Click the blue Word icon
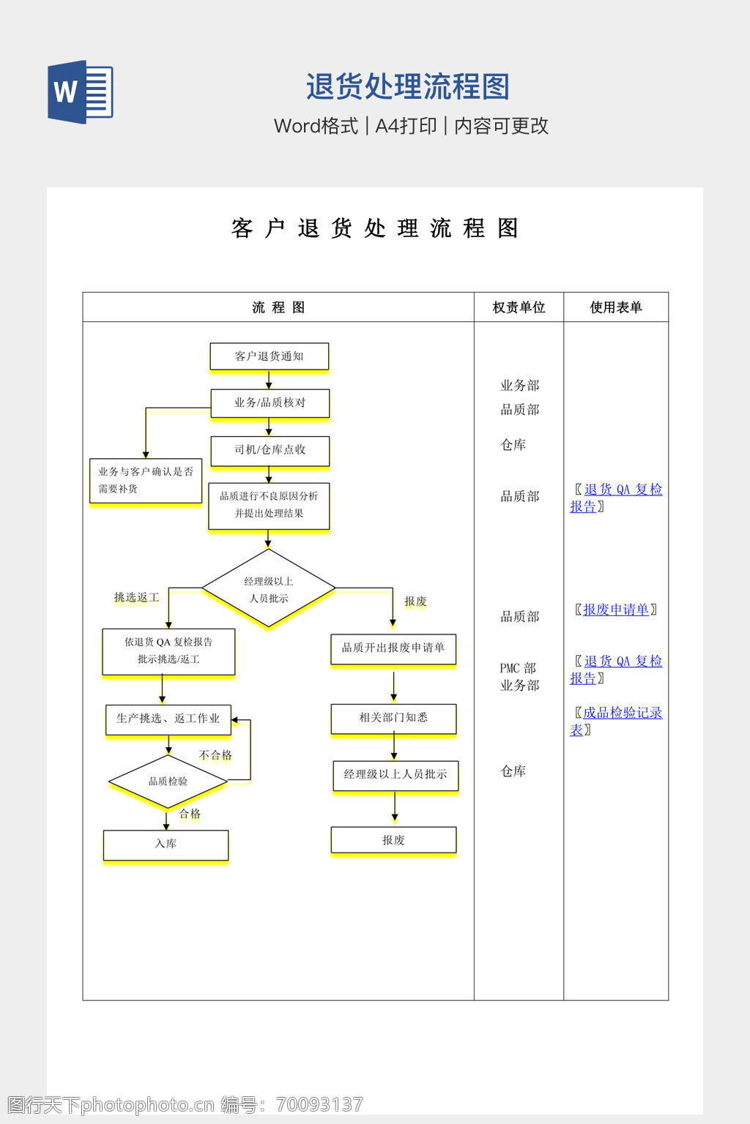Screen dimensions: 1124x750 [81, 92]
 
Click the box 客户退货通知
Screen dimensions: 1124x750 [269, 356]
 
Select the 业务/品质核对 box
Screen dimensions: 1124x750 [270, 402]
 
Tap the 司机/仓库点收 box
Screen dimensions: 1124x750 [270, 450]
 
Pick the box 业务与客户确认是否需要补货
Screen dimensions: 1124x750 [145, 480]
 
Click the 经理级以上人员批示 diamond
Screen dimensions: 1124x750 [269, 589]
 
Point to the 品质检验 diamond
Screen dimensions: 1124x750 [168, 782]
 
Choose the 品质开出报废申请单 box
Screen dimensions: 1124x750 [393, 648]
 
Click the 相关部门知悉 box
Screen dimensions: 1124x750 [393, 718]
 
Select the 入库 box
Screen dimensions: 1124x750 [166, 844]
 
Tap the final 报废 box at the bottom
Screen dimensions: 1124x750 [393, 840]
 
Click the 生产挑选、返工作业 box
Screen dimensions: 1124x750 [168, 719]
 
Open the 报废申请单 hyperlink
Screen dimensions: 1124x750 [616, 610]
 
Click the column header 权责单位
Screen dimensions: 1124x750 [519, 307]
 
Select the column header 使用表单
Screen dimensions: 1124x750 [616, 307]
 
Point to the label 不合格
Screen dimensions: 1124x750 [215, 755]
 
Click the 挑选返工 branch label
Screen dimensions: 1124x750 [136, 598]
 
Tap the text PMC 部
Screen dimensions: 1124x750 [518, 668]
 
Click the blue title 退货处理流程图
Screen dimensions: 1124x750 [407, 86]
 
